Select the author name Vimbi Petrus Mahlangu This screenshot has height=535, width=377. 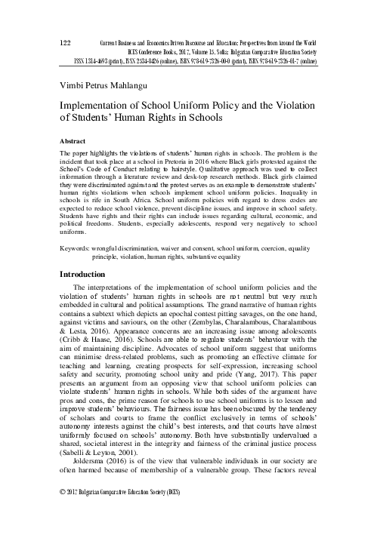[110, 83]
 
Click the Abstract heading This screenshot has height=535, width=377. [75, 141]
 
